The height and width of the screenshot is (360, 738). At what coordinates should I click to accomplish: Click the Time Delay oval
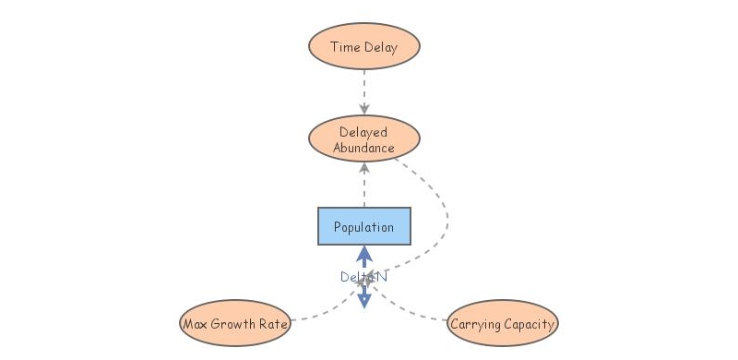click(364, 47)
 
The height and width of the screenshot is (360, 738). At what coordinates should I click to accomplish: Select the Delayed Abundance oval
click(364, 139)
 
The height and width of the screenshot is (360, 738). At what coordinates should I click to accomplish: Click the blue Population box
click(364, 226)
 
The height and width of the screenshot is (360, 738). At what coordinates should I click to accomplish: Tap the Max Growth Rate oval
click(235, 324)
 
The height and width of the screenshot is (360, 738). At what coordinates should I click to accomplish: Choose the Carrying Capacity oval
click(503, 324)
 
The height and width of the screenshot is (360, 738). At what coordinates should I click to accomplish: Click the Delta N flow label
click(363, 276)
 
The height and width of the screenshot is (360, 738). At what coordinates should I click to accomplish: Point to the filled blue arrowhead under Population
click(364, 253)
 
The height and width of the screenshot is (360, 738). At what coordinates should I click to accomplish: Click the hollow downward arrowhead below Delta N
click(364, 299)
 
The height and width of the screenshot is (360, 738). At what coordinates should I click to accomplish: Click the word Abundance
click(364, 148)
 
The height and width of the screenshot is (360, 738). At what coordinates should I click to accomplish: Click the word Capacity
click(529, 324)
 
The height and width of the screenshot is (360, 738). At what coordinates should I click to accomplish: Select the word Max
click(196, 324)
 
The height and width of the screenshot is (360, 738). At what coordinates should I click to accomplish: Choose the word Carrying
click(476, 324)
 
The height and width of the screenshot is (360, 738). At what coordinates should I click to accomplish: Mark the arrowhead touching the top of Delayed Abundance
click(364, 110)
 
